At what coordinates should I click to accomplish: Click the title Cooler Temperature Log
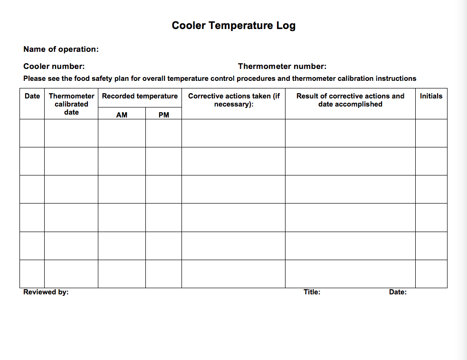click(x=233, y=26)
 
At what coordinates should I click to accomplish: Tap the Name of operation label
click(x=61, y=49)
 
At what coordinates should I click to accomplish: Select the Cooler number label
click(x=54, y=67)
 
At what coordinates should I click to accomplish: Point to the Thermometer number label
click(x=282, y=67)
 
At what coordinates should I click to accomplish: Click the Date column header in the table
click(x=32, y=96)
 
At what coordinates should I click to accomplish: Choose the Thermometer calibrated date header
click(x=71, y=104)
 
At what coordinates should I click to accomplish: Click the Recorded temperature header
click(x=140, y=96)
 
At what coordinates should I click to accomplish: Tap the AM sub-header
click(x=122, y=115)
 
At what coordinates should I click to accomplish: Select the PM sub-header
click(x=163, y=115)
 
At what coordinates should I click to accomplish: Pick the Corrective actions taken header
click(x=234, y=100)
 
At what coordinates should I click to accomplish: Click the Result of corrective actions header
click(x=350, y=100)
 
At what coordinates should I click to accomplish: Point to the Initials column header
click(x=431, y=96)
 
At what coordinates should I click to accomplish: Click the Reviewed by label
click(x=46, y=292)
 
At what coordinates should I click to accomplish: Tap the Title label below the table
click(x=312, y=292)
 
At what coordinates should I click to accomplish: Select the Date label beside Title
click(x=398, y=292)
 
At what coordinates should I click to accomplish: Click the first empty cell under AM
click(x=122, y=133)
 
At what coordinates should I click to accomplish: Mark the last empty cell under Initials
click(x=431, y=274)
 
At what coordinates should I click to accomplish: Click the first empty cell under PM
click(x=163, y=133)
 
